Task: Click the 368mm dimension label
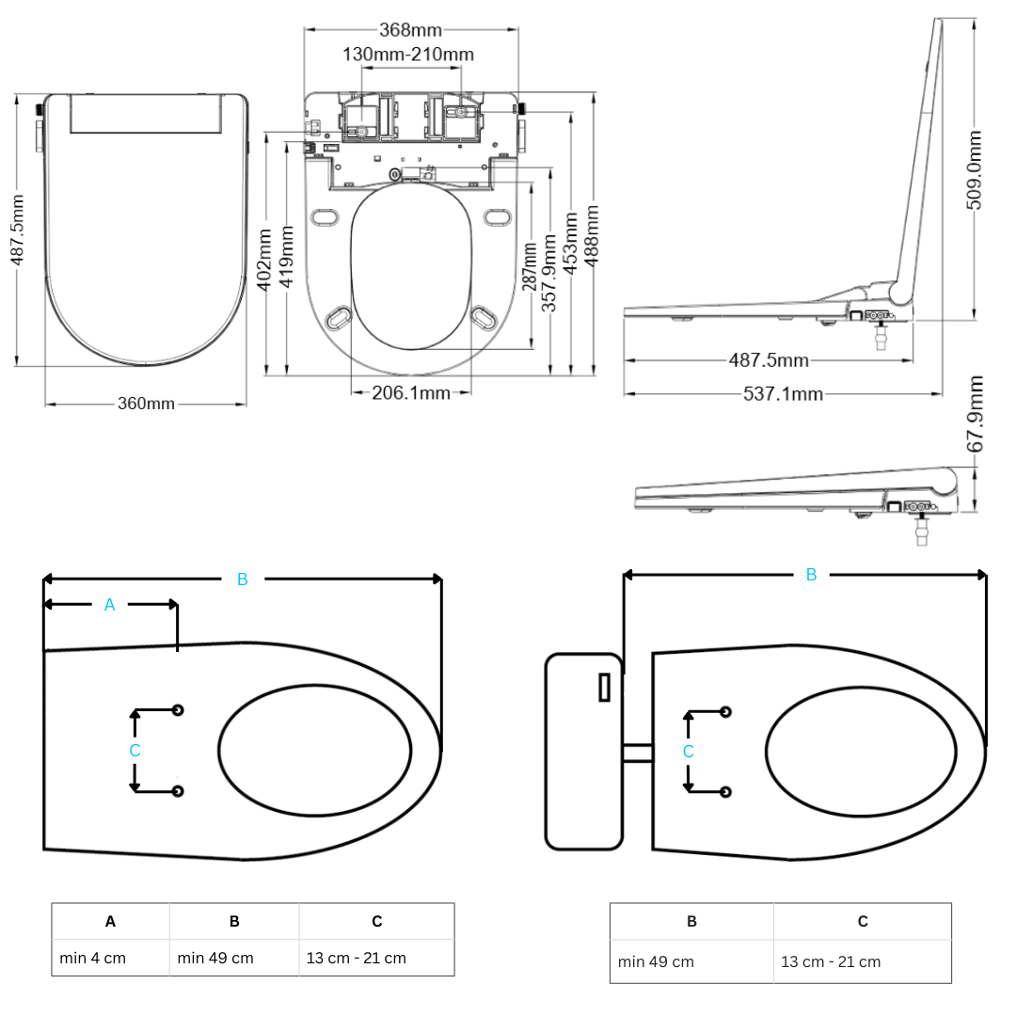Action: (410, 30)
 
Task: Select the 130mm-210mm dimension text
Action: (408, 55)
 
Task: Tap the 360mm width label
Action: (146, 404)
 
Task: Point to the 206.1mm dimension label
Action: (410, 392)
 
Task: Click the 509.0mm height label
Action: (975, 169)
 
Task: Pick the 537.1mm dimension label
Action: (783, 393)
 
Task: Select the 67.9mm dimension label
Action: (975, 414)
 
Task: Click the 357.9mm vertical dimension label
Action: (550, 274)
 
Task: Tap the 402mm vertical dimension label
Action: (264, 260)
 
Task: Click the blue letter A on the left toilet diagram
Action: (109, 605)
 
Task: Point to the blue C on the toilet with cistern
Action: (688, 752)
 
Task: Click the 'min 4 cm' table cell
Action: (92, 958)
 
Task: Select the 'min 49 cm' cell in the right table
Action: (656, 961)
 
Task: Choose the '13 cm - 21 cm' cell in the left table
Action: (356, 958)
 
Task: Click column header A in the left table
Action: (110, 921)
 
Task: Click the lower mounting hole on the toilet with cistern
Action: (724, 792)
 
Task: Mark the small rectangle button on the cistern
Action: (604, 687)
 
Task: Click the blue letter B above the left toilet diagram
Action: (242, 579)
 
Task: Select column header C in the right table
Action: (862, 921)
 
